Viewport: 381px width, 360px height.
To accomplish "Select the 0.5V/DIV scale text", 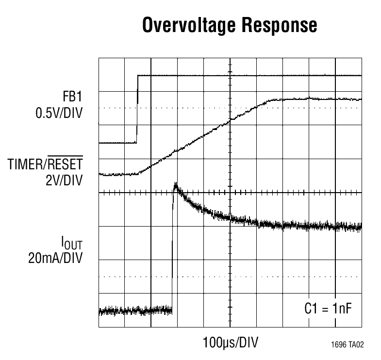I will coord(59,114).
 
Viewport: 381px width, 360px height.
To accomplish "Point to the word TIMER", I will coord(26,166).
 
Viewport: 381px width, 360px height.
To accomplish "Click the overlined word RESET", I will coord(65,166).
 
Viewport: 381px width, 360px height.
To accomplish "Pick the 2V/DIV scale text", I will coord(63,180).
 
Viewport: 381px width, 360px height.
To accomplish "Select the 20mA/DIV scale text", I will coord(55,257).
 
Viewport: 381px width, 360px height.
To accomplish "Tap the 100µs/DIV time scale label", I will coord(230,343).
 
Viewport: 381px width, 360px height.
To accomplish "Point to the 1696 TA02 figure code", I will coord(347,345).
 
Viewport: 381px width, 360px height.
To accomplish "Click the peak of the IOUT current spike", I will coord(175,185).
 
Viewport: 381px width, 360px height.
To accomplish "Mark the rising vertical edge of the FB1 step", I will coord(137,109).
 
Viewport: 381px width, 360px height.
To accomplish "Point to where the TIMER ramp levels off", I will coord(272,100).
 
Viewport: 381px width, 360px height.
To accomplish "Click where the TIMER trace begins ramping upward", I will coord(138,173).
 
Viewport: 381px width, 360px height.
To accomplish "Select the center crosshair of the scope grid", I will coord(230,193).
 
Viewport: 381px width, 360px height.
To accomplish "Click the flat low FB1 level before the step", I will coord(116,143).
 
